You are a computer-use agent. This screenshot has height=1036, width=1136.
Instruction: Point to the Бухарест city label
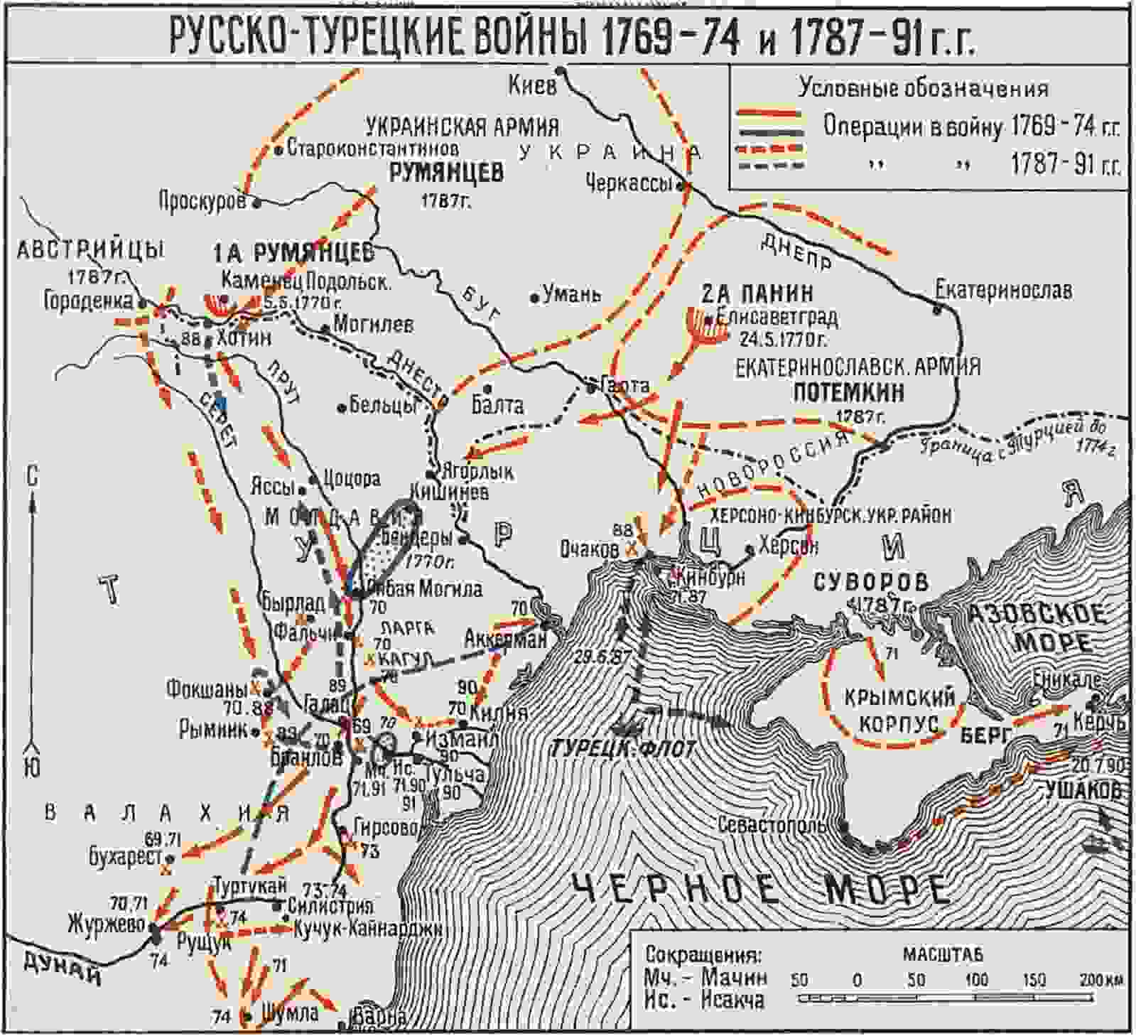pos(126,858)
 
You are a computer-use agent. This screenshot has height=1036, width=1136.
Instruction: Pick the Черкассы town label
pos(629,184)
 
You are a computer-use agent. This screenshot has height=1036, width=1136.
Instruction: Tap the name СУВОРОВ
pos(870,582)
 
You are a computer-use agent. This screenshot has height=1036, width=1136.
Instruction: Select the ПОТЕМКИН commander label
pos(848,392)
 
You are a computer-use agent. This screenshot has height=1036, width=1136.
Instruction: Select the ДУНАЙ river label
pos(63,968)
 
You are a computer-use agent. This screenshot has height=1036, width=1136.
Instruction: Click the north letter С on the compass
pos(32,477)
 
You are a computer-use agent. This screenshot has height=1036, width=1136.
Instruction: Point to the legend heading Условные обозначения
pos(923,87)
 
